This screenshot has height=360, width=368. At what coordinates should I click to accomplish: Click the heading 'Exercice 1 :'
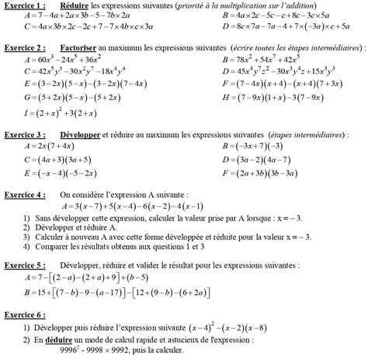click(x=23, y=5)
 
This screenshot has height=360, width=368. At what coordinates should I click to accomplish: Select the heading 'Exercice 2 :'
click(x=23, y=48)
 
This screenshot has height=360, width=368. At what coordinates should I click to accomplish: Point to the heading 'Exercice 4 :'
click(x=23, y=194)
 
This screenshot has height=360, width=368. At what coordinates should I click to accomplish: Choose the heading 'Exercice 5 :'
click(x=23, y=264)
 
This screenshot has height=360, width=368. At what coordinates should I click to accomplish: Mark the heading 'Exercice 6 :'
click(x=23, y=317)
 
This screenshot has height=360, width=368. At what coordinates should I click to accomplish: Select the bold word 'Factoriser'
click(x=78, y=48)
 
